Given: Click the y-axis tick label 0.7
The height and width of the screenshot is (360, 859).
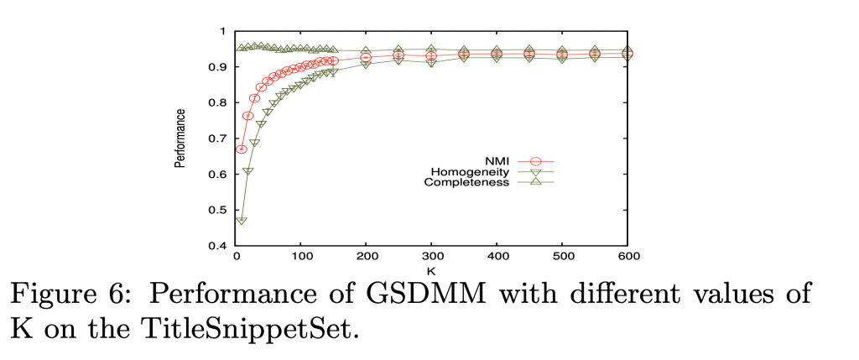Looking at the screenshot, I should [x=221, y=138].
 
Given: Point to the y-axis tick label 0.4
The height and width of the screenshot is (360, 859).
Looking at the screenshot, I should [x=221, y=246].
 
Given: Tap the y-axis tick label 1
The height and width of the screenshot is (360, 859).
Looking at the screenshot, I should [x=225, y=31].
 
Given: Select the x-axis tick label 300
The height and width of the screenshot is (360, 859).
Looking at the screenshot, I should [x=431, y=257].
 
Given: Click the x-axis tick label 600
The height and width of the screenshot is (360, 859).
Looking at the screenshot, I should [x=626, y=257].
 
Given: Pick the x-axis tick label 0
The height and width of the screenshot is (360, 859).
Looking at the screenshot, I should [x=237, y=257].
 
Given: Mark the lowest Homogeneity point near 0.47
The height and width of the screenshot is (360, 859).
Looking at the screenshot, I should [x=242, y=220].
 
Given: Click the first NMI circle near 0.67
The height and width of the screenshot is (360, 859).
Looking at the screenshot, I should [x=242, y=149].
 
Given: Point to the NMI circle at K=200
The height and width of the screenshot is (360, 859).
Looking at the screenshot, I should [x=366, y=57].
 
